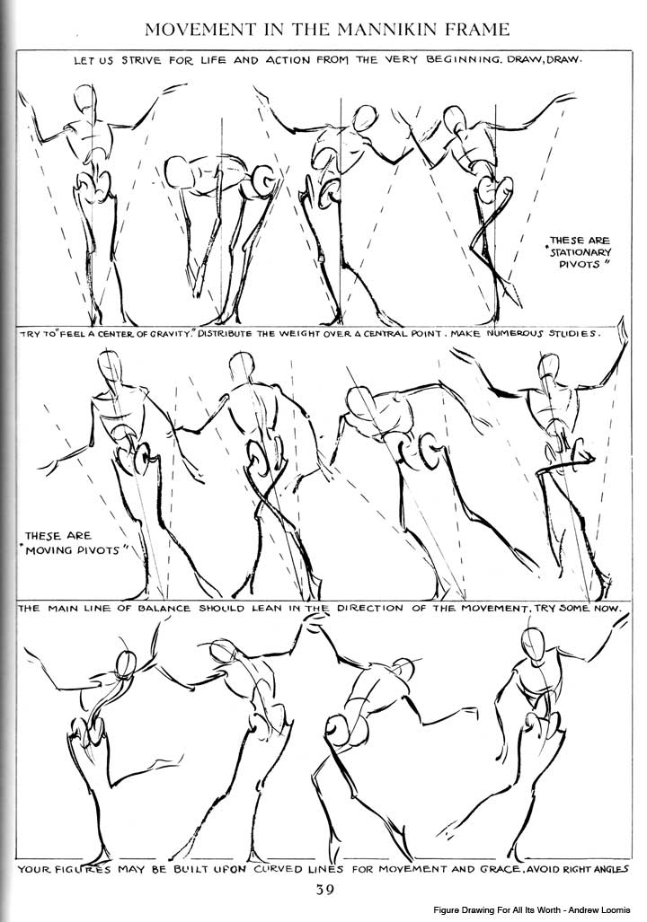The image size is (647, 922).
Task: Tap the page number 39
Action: (x=324, y=890)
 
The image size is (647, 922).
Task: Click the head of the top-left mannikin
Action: (x=85, y=98)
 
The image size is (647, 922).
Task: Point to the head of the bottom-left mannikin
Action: (x=128, y=665)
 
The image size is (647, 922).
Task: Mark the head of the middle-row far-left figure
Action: (x=109, y=366)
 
